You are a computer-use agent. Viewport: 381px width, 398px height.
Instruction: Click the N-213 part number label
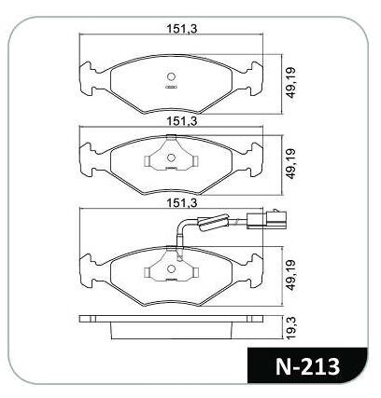coord(307,366)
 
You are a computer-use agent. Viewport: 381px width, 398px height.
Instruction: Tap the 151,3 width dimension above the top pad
coord(182,29)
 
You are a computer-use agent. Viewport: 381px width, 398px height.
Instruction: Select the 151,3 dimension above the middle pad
coord(182,121)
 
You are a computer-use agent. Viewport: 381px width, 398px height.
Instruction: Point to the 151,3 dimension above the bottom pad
coord(182,203)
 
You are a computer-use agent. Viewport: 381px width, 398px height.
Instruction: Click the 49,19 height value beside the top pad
coord(290,83)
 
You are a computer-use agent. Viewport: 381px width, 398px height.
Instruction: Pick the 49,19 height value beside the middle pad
coord(290,164)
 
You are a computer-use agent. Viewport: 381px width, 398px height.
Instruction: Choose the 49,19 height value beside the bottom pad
coord(290,275)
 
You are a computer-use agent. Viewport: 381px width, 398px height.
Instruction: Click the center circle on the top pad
coord(171,77)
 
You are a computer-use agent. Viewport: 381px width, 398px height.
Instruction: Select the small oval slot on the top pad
coord(171,88)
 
